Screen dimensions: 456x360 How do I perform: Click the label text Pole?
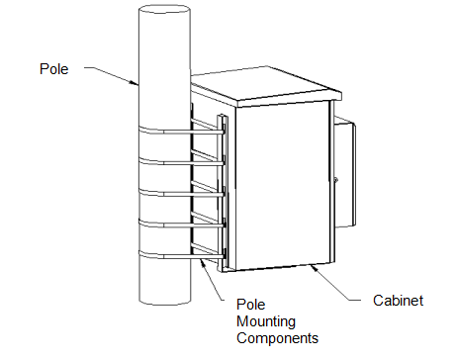pos(54,69)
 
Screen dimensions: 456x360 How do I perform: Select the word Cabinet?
pos(398,301)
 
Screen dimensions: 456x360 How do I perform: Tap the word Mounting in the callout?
pos(266,321)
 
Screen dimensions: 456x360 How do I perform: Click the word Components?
pos(277,338)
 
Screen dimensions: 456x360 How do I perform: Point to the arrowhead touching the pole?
pos(134,82)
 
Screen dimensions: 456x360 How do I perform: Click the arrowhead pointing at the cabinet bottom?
pos(314,268)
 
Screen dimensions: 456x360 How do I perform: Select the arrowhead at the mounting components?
pos(203,263)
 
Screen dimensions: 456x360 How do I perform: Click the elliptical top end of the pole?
pos(164,9)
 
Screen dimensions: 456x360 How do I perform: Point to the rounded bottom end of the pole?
pos(164,301)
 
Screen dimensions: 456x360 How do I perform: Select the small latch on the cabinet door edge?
pos(335,180)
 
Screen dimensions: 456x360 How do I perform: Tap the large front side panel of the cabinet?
pos(284,185)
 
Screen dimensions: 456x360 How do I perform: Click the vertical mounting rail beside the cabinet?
pos(222,193)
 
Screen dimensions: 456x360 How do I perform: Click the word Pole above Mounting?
pos(251,305)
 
